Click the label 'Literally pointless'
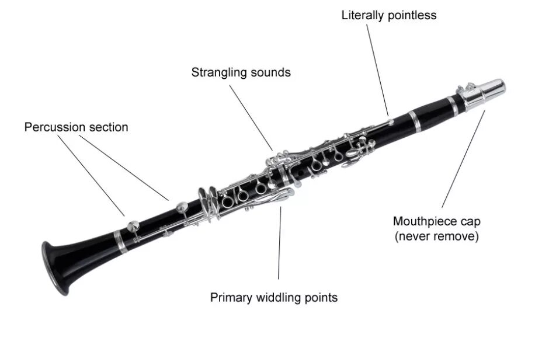389,16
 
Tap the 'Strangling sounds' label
241,72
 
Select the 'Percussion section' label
76,127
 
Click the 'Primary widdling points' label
273,297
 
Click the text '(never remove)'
436,236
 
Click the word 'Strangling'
220,72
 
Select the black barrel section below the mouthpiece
435,114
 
